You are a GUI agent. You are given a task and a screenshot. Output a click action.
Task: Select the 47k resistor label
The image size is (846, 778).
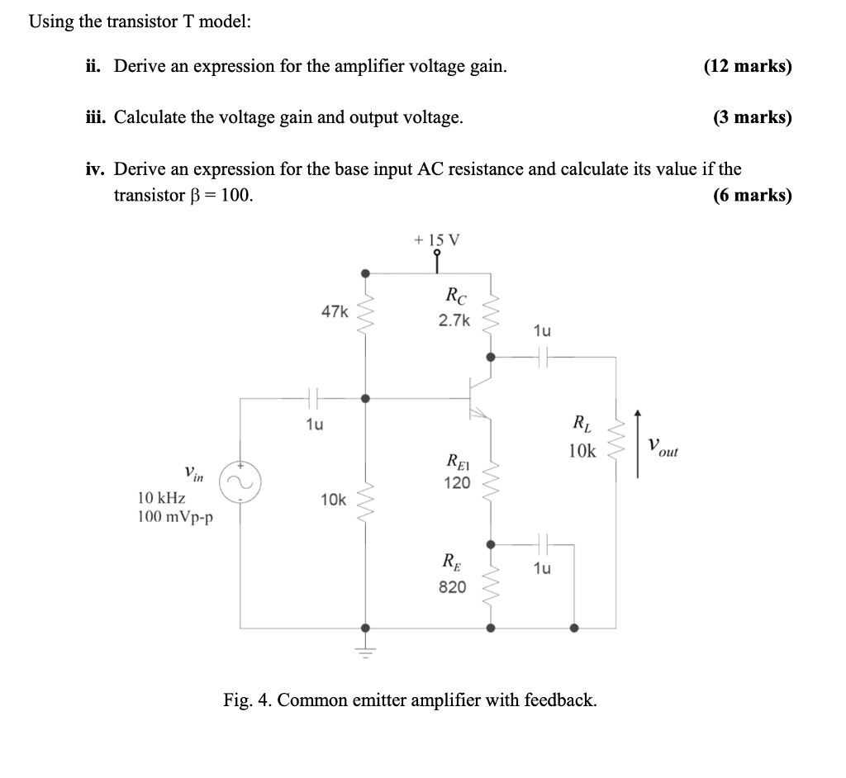(x=335, y=311)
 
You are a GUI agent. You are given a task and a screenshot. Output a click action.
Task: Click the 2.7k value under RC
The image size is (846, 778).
(x=454, y=320)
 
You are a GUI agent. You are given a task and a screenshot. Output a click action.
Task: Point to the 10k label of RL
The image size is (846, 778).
(x=582, y=451)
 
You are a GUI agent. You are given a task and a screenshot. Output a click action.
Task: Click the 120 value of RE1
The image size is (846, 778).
(x=456, y=482)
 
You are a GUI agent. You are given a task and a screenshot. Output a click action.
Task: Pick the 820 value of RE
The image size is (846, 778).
(x=452, y=587)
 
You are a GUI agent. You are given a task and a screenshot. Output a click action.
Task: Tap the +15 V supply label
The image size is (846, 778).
(x=438, y=240)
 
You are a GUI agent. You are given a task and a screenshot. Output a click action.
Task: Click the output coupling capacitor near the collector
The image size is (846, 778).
(x=542, y=357)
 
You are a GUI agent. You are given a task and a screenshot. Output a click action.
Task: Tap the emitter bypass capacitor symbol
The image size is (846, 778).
(x=542, y=543)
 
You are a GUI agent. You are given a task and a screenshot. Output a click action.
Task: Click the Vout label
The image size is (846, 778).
(x=663, y=448)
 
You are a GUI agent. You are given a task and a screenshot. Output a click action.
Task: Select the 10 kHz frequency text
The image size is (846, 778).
(x=161, y=499)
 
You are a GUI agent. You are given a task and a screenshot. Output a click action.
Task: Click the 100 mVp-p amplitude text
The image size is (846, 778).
(x=175, y=518)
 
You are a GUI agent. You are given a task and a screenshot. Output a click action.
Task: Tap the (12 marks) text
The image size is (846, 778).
(x=747, y=66)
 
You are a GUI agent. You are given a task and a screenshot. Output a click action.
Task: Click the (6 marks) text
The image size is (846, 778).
(x=751, y=196)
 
